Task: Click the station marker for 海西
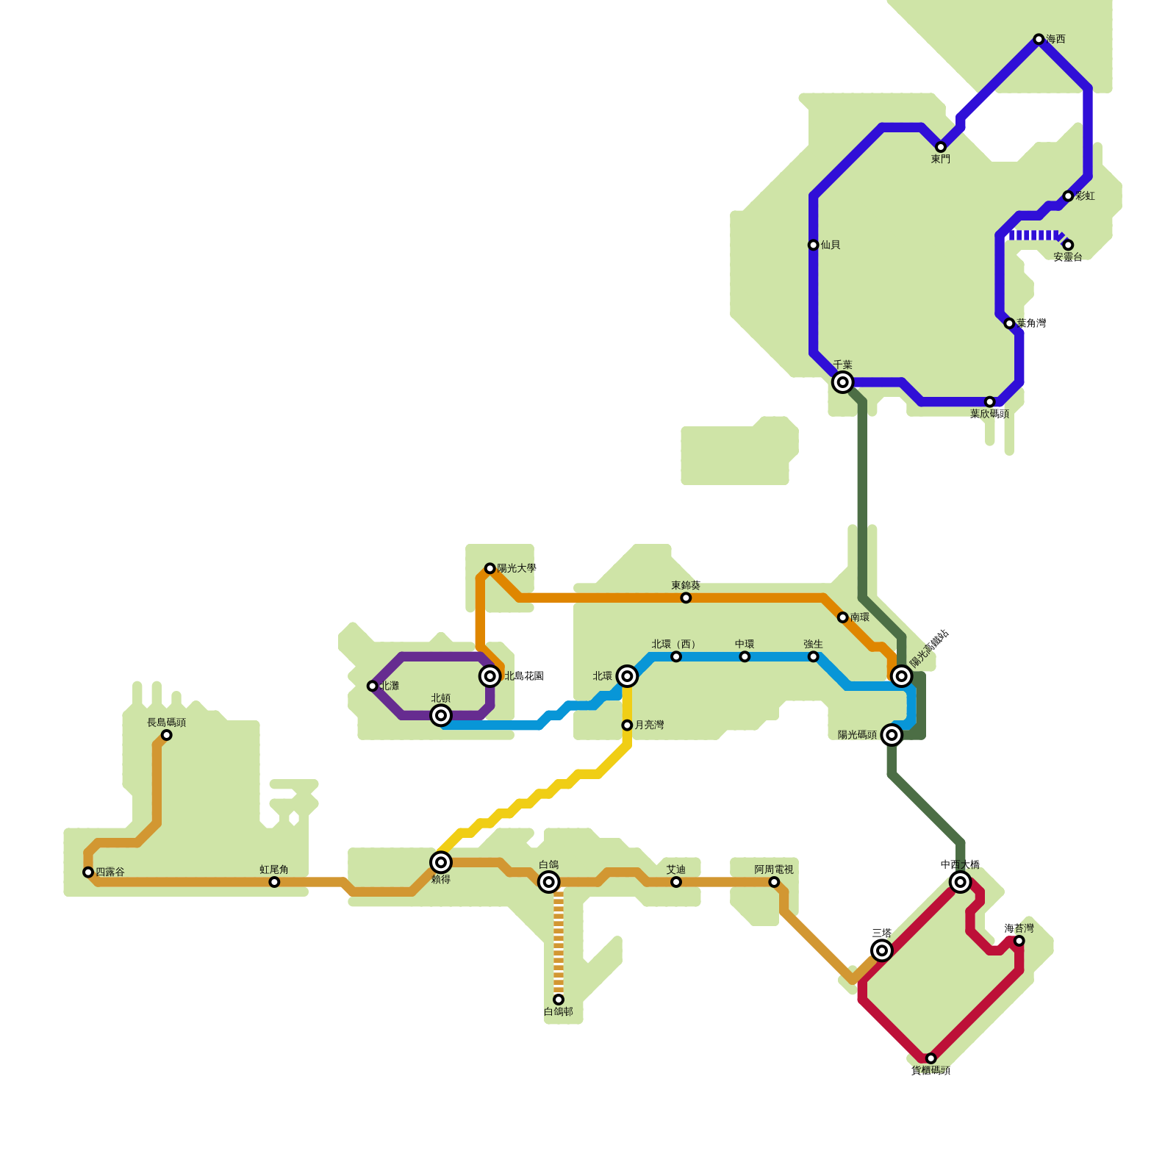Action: click(x=1038, y=39)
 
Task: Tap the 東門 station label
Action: click(x=940, y=159)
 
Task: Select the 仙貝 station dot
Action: click(x=813, y=245)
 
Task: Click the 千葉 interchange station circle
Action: click(x=842, y=382)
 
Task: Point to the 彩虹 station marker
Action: click(x=1068, y=196)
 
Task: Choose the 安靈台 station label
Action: click(x=1067, y=257)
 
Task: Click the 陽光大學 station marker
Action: click(x=490, y=568)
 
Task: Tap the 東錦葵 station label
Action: click(x=685, y=586)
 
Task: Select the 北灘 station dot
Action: click(x=372, y=686)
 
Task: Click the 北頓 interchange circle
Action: click(x=440, y=715)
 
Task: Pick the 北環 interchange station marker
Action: click(x=626, y=676)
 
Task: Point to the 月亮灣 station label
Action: click(x=649, y=725)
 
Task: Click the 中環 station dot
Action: click(x=745, y=656)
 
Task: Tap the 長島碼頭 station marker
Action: click(x=166, y=735)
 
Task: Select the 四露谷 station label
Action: click(x=110, y=872)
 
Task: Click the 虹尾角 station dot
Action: click(x=274, y=882)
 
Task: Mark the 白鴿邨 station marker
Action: click(x=559, y=1000)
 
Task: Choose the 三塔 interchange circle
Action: click(x=882, y=950)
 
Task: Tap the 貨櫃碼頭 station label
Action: click(x=931, y=1071)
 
